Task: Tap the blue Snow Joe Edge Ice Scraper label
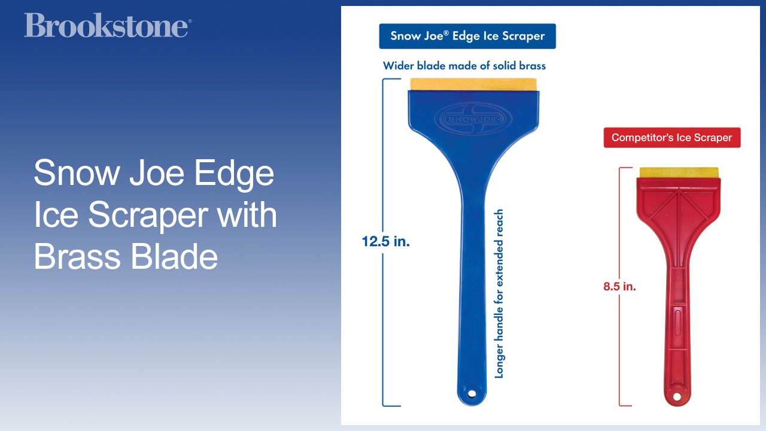tap(467, 36)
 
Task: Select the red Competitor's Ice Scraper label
tap(671, 138)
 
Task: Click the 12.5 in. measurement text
tap(385, 242)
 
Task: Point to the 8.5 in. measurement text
tap(619, 287)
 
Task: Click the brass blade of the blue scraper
tap(474, 84)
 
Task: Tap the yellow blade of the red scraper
tap(679, 172)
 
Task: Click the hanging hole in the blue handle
tap(472, 393)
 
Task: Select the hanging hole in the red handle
tap(677, 396)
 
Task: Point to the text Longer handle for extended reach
tap(499, 293)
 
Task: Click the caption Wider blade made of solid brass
tap(464, 65)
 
